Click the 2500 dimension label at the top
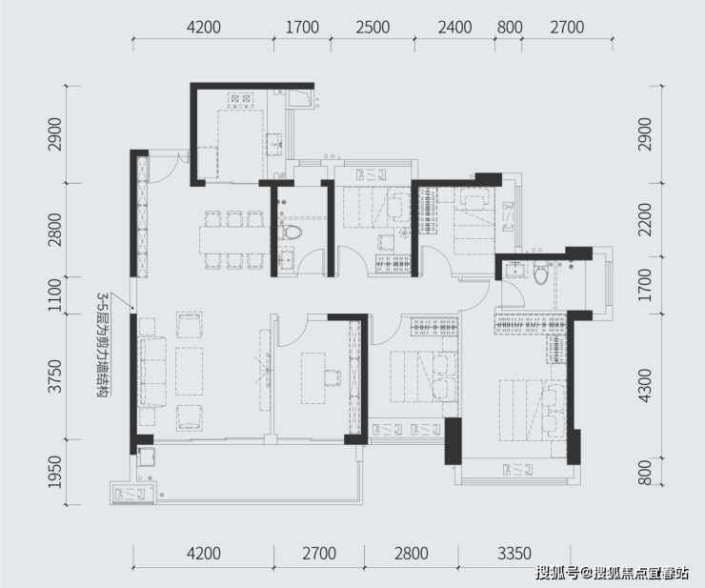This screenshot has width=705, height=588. tap(373, 28)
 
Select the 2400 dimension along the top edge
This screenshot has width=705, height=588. tap(454, 28)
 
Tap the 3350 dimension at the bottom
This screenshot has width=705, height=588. tap(514, 554)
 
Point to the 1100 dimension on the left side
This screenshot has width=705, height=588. tap(55, 295)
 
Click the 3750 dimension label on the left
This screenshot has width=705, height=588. tap(55, 376)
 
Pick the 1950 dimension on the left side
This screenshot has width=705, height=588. tap(55, 472)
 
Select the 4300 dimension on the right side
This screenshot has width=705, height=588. tap(645, 385)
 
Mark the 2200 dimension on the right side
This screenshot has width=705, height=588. tap(645, 219)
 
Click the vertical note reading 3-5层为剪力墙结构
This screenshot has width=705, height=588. tap(103, 345)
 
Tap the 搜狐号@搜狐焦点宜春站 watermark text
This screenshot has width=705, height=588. tap(612, 573)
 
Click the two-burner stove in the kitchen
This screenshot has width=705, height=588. tap(240, 98)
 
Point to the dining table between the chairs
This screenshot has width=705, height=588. tap(234, 239)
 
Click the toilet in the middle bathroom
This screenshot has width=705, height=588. tap(289, 233)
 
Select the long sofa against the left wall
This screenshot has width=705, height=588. tap(152, 372)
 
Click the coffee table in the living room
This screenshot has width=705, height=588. tap(189, 371)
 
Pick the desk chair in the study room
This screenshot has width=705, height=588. tap(332, 377)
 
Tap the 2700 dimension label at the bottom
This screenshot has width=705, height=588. tap(319, 554)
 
